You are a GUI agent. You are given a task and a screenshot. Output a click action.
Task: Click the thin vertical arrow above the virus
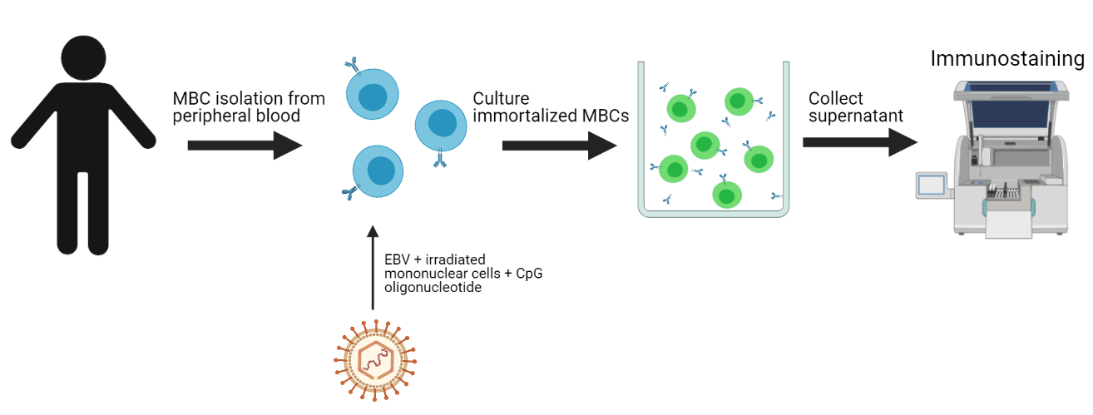tap(373, 266)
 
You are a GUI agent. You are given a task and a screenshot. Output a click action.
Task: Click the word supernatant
tap(855, 116)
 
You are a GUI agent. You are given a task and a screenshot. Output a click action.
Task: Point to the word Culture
tap(501, 99)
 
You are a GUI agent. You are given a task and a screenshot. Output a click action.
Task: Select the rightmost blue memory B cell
tap(440, 127)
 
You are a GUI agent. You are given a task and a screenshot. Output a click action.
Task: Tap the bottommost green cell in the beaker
tap(727, 195)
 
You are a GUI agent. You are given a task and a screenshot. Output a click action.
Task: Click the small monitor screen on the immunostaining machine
tap(932, 185)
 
